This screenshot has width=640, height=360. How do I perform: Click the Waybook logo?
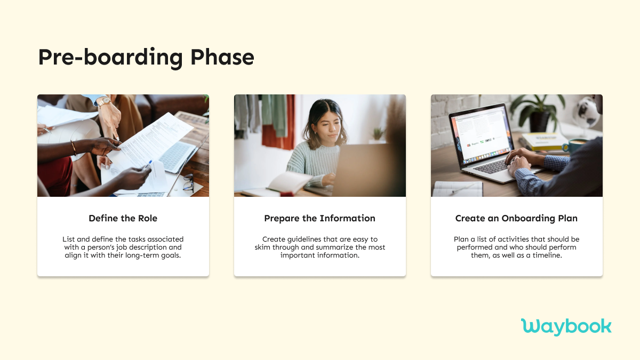tap(566, 326)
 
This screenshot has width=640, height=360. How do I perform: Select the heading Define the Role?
tap(123, 218)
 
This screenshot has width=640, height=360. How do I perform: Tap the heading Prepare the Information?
tap(319, 218)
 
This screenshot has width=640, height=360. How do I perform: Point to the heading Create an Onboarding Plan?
tap(516, 218)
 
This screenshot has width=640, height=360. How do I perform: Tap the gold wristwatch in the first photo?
tap(103, 101)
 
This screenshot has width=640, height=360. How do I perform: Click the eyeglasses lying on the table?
tap(188, 183)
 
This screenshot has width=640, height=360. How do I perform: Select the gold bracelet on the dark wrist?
tap(74, 148)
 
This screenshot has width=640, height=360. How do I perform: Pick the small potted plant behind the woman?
tap(378, 134)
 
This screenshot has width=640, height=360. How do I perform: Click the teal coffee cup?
tap(573, 145)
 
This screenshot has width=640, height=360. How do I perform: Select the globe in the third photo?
tap(589, 111)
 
